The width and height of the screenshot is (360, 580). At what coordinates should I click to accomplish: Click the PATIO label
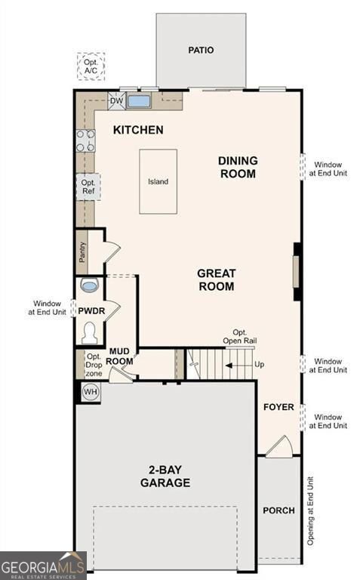[201, 51]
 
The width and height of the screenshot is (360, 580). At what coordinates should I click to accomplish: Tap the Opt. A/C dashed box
[91, 66]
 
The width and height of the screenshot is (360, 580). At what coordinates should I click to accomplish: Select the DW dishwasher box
[116, 100]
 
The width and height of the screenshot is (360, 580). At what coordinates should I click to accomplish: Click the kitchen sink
[139, 100]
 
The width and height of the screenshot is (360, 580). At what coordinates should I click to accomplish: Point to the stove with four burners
[85, 140]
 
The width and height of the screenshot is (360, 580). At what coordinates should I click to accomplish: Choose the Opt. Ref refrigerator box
[88, 186]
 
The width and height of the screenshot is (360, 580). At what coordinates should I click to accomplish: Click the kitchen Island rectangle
[158, 181]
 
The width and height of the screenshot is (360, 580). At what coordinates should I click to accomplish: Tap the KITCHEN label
[138, 130]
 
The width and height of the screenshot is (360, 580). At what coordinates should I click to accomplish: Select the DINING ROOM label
[238, 167]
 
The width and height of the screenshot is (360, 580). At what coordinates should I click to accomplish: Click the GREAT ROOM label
[217, 279]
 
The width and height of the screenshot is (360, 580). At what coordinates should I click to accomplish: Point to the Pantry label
[82, 251]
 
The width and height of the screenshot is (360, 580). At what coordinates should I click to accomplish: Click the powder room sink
[90, 286]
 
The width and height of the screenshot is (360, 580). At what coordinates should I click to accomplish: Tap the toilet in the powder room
[90, 332]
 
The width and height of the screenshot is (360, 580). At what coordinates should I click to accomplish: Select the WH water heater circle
[91, 392]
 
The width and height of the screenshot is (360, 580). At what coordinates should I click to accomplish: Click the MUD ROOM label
[121, 356]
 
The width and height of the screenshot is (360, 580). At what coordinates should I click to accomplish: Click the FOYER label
[278, 407]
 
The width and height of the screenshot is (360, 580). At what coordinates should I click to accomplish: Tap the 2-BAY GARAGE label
[165, 477]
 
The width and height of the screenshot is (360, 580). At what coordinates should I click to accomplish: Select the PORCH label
[278, 511]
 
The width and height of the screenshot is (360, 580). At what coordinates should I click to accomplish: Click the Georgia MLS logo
[43, 566]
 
